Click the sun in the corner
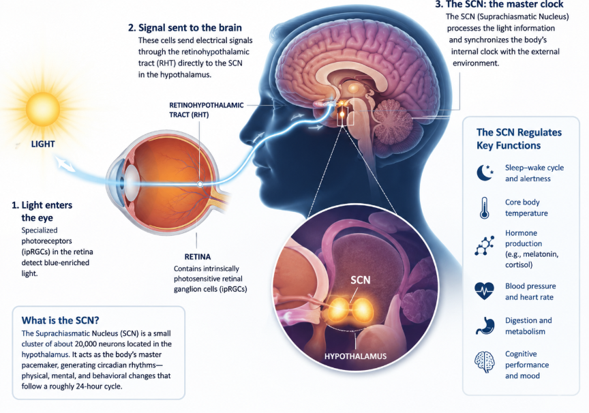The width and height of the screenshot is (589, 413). click(x=43, y=108)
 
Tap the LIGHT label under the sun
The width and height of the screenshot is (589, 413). click(x=43, y=144)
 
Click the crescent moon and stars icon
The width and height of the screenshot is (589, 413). click(x=485, y=172)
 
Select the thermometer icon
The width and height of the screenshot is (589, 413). click(x=484, y=208)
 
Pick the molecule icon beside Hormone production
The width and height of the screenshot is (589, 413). click(x=484, y=246)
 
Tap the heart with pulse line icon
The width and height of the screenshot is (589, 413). click(x=484, y=291)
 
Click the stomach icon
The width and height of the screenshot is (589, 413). click(x=485, y=326)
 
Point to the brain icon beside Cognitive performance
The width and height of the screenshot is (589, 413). click(x=484, y=362)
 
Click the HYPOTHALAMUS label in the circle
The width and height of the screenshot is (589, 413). click(x=355, y=356)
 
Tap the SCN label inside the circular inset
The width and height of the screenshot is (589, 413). click(x=360, y=279)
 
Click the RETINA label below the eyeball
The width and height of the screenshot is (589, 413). click(x=198, y=257)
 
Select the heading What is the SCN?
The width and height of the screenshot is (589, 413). click(x=60, y=320)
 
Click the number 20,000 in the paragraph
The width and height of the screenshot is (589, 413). click(x=87, y=343)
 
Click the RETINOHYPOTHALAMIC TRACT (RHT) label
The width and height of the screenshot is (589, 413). click(x=207, y=110)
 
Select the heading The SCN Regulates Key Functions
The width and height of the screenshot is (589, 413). click(x=519, y=138)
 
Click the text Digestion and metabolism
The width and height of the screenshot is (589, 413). click(x=528, y=326)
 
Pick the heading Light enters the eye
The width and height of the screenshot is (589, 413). click(x=42, y=211)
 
